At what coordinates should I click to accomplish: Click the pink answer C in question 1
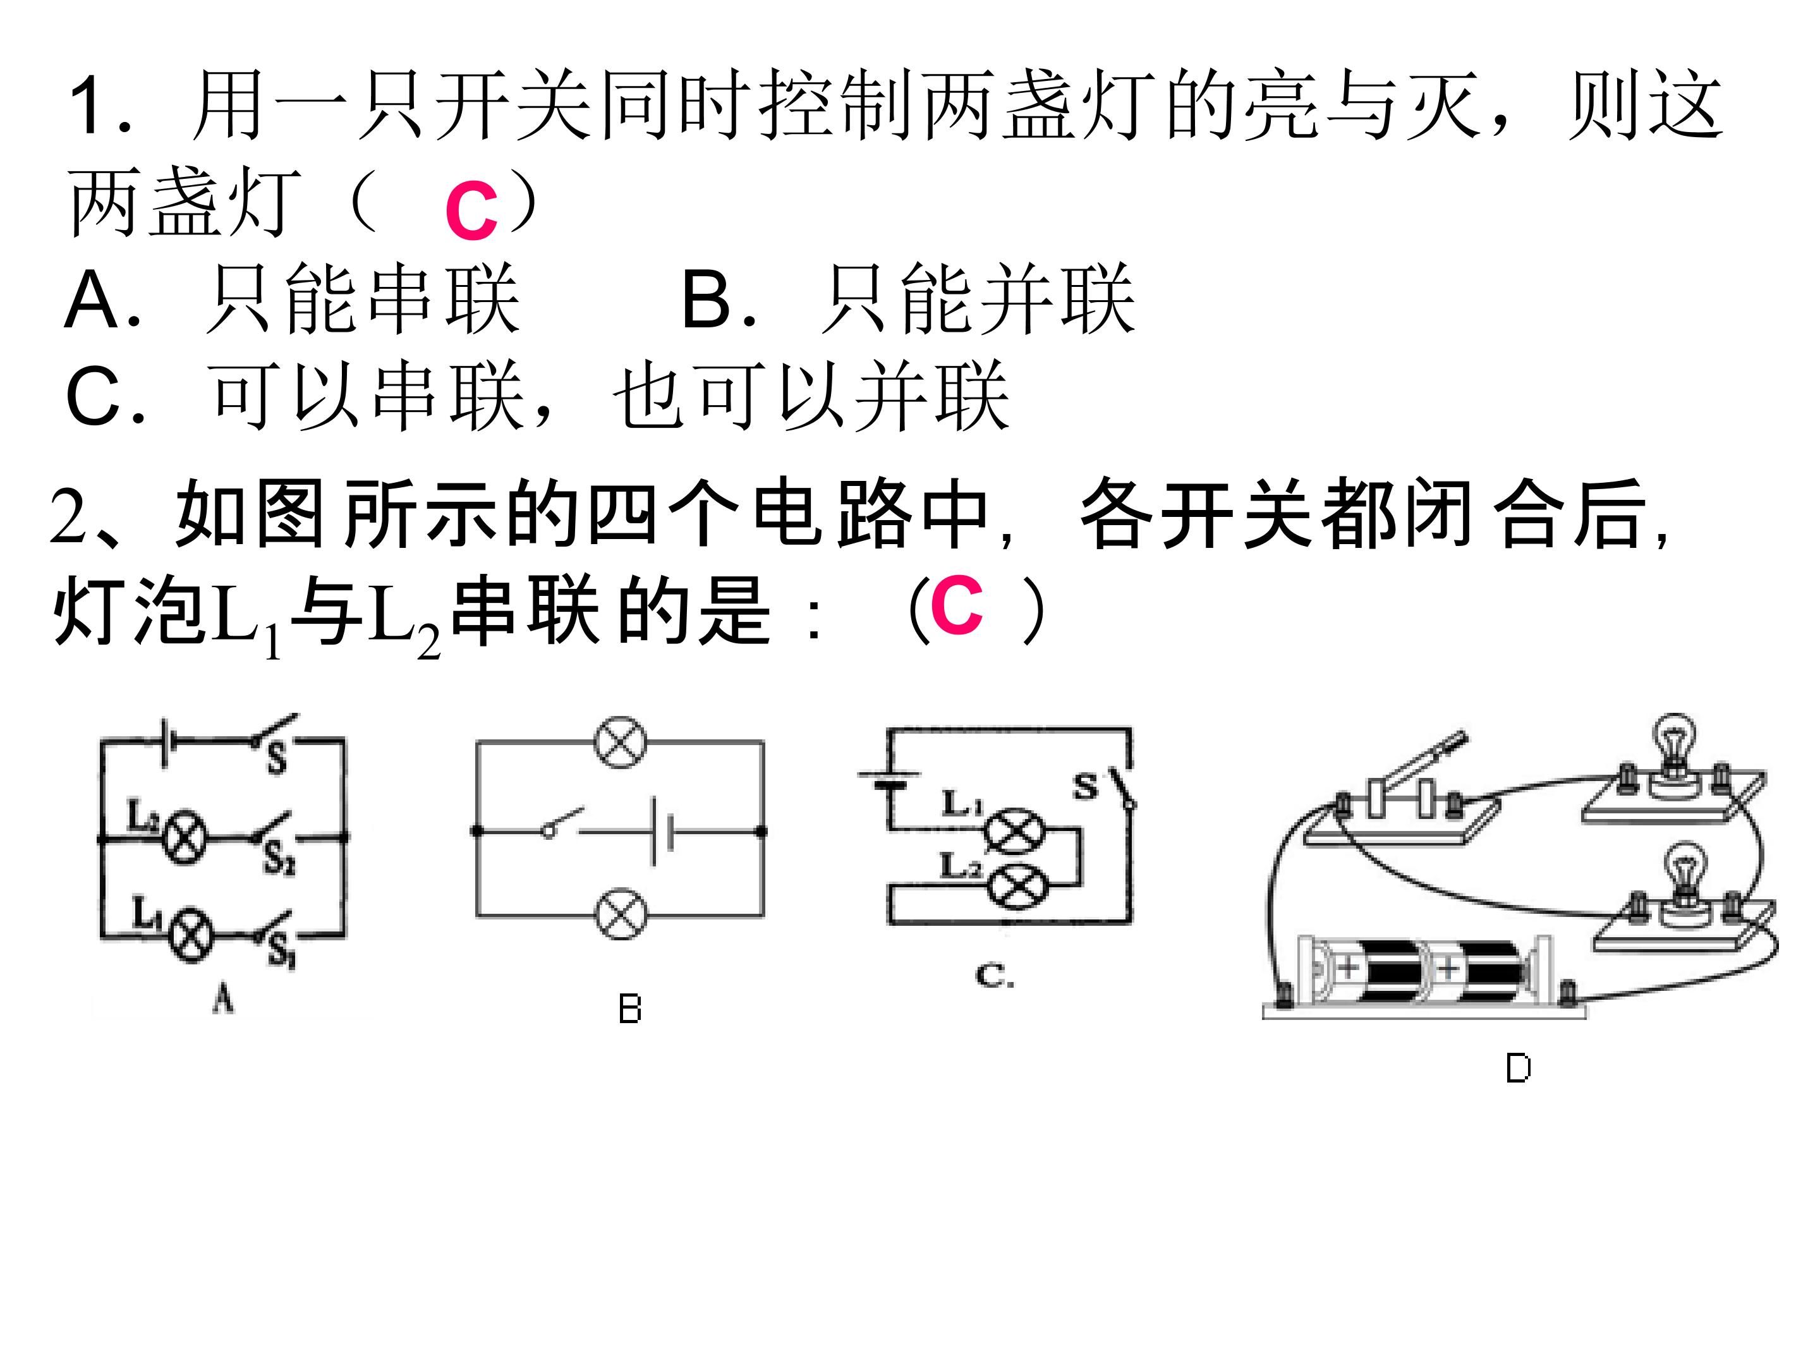click(471, 212)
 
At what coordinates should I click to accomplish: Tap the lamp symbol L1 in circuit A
click(190, 935)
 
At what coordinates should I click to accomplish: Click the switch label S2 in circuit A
click(280, 861)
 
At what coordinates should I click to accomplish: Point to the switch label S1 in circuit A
click(280, 954)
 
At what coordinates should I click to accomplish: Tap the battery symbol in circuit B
click(662, 831)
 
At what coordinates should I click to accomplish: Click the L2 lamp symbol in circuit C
click(1017, 886)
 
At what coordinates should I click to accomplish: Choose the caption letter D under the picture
click(1518, 1069)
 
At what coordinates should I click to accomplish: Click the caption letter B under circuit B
click(629, 1010)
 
